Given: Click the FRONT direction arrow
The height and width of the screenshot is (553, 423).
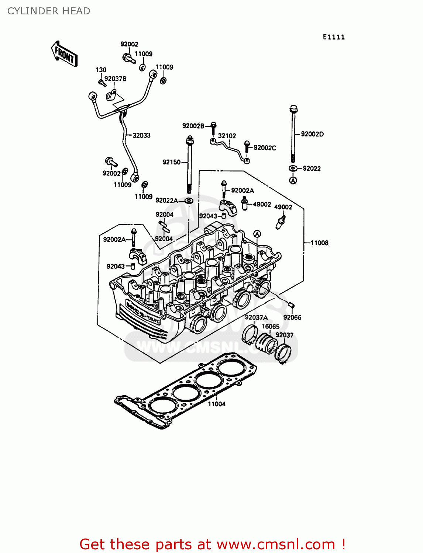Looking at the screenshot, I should (64, 54).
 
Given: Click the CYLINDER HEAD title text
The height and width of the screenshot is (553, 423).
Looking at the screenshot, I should (49, 11).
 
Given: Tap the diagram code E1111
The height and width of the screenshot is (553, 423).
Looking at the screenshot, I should (334, 37).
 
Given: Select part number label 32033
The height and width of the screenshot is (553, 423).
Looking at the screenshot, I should (142, 135).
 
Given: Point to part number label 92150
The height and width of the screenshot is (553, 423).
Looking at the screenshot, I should (171, 162).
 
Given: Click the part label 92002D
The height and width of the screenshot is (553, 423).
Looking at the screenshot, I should (312, 134).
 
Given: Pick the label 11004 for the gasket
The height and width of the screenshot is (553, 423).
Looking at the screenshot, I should (217, 404).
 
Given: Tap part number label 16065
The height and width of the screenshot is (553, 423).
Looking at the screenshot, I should (271, 326).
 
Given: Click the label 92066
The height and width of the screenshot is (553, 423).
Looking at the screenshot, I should (292, 317).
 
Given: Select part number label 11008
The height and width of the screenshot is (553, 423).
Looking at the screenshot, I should (319, 243).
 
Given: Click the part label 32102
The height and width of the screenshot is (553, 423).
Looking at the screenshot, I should (227, 136).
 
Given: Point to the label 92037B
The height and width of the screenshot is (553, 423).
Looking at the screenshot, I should (115, 79).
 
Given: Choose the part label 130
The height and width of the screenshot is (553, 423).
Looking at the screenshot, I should (101, 70).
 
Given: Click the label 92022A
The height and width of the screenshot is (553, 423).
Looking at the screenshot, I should (166, 200).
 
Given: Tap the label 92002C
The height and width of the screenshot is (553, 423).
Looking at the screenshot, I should (265, 147).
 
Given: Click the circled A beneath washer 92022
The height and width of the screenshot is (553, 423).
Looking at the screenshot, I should (293, 180).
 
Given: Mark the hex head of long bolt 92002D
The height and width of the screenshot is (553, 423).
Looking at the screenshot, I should (293, 109).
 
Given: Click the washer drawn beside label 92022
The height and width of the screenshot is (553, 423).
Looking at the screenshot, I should (293, 168).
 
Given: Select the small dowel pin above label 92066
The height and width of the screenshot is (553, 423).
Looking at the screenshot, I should (290, 305).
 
